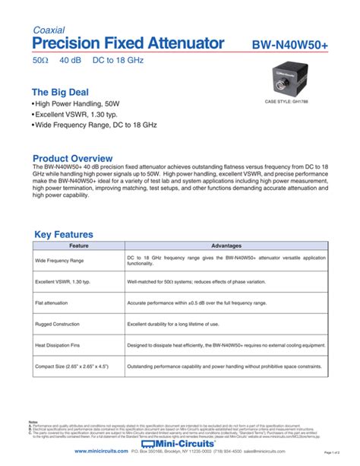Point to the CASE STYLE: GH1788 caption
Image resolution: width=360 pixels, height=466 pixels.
292,101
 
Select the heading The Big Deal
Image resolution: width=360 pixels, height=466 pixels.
64,92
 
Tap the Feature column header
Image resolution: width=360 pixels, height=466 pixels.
79,246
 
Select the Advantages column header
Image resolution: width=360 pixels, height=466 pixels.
226,246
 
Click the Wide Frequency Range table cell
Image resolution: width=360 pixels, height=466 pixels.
60,260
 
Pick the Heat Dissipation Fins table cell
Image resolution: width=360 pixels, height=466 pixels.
61,345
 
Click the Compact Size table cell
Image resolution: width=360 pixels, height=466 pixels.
72,366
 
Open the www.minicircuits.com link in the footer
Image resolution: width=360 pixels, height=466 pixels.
106,452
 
